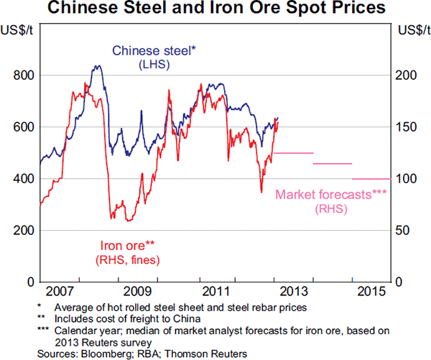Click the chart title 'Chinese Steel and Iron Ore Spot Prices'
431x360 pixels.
pyautogui.click(x=215, y=9)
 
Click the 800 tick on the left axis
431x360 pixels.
pyautogui.click(x=24, y=75)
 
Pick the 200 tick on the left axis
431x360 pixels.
pyautogui.click(x=24, y=231)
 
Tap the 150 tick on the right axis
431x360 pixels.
pyautogui.click(x=408, y=127)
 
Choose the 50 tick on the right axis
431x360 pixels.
pyautogui.click(x=405, y=231)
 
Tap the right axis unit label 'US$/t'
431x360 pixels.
pyautogui.click(x=412, y=30)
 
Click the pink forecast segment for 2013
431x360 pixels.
pyautogui.click(x=294, y=153)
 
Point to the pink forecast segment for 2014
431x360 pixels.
pyautogui.click(x=333, y=164)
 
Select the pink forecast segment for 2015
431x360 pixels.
pyautogui.click(x=371, y=178)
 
